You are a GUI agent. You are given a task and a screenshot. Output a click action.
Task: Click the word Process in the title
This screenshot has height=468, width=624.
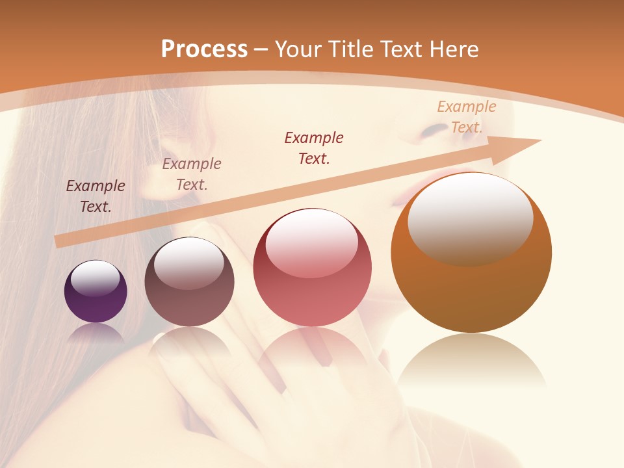pos(204,49)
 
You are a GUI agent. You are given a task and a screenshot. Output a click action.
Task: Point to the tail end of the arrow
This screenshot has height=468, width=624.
pos(57,241)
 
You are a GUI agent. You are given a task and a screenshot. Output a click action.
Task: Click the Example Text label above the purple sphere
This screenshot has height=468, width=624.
pos(96,196)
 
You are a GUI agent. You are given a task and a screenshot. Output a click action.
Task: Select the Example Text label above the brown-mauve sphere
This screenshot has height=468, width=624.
pos(192,174)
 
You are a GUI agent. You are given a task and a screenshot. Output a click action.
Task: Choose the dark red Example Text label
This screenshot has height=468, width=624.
pos(314,148)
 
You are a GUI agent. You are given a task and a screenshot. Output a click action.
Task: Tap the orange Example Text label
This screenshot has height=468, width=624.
pos(467,117)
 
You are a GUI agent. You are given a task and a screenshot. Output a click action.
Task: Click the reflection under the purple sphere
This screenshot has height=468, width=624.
pos(96,333)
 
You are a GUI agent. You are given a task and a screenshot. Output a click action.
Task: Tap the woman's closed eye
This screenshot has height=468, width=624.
pos(434,131)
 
